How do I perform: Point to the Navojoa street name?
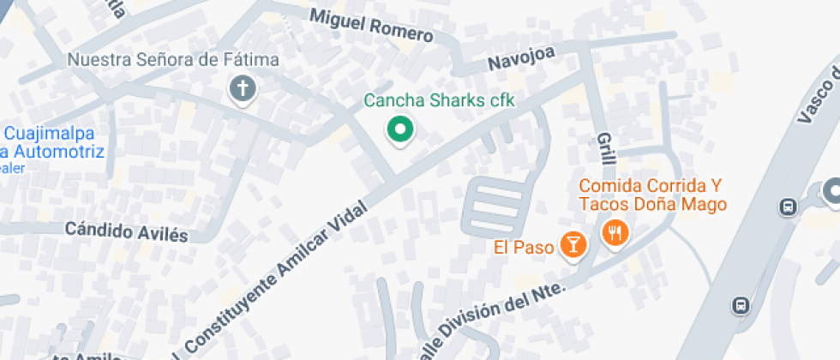(521, 59)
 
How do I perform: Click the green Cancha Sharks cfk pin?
(399, 130)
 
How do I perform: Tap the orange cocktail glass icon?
(572, 245)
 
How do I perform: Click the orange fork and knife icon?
(615, 231)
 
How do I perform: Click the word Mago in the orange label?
(707, 204)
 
